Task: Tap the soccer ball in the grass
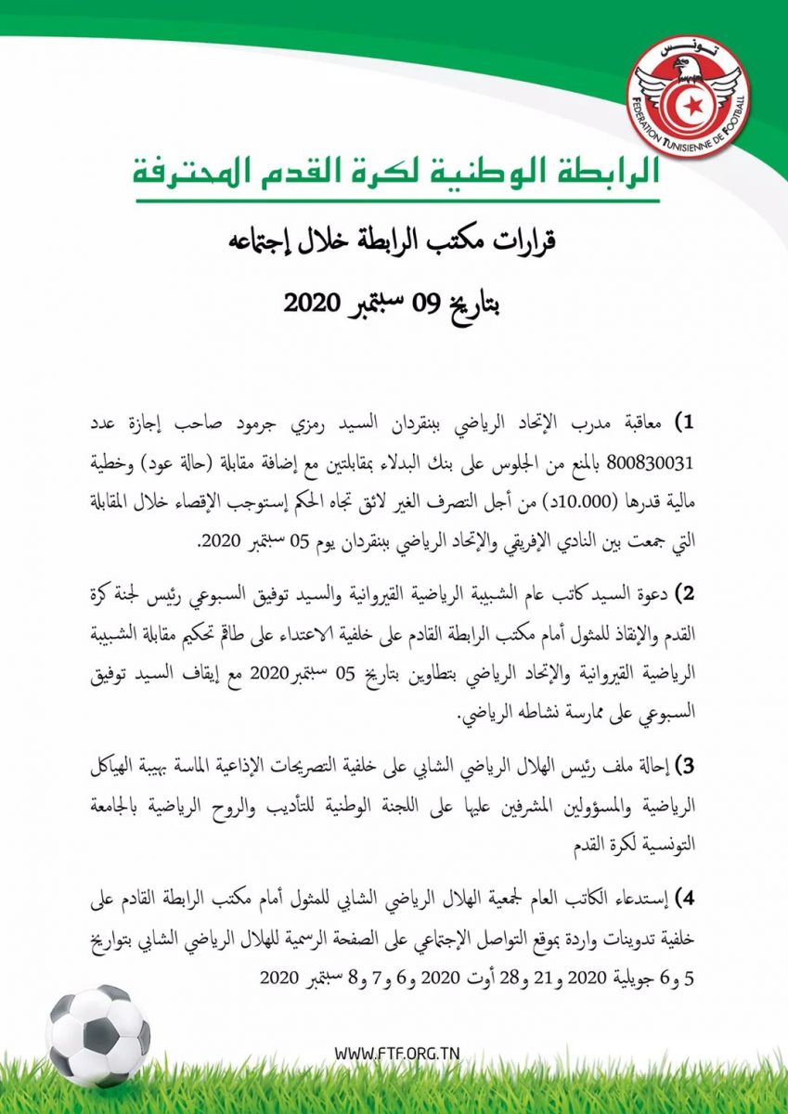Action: pyautogui.click(x=97, y=1035)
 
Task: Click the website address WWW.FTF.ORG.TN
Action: pyautogui.click(x=396, y=1054)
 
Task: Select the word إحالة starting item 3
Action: pyautogui.click(x=650, y=766)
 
